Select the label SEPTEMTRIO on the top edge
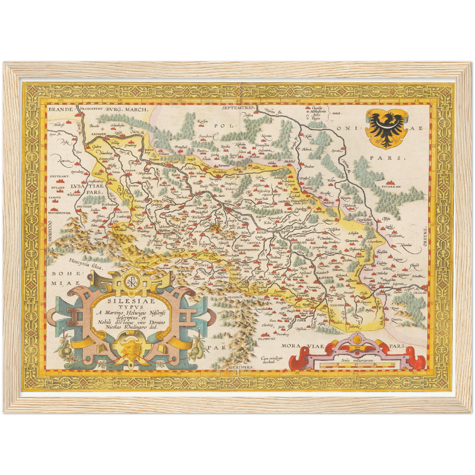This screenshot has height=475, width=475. point(238,108)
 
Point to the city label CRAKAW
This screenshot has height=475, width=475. point(419,292)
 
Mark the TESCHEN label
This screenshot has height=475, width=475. point(337,305)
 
